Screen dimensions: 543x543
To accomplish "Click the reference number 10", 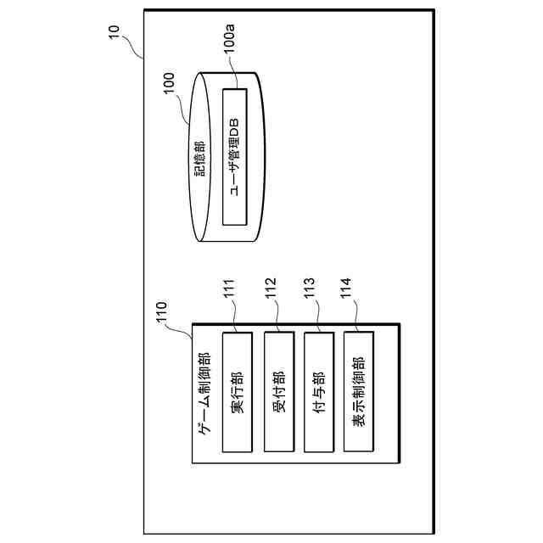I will tap(115, 35).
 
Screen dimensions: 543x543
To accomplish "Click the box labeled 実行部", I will tap(238, 392).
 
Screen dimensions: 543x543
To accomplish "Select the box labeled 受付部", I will tap(279, 392).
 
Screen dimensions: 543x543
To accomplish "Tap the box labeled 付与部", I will tap(319, 392).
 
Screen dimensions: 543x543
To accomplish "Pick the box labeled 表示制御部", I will tap(358, 392).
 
